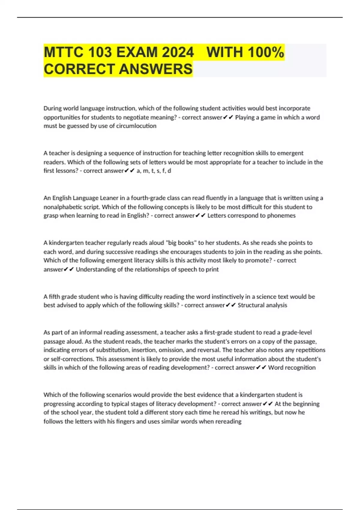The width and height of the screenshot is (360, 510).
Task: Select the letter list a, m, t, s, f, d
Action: point(154,171)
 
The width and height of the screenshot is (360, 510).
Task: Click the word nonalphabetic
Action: point(62,207)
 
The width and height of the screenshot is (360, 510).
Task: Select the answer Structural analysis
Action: point(262,305)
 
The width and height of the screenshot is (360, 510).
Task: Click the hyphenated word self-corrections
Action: point(71,359)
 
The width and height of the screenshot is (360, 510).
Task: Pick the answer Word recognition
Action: point(292,368)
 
